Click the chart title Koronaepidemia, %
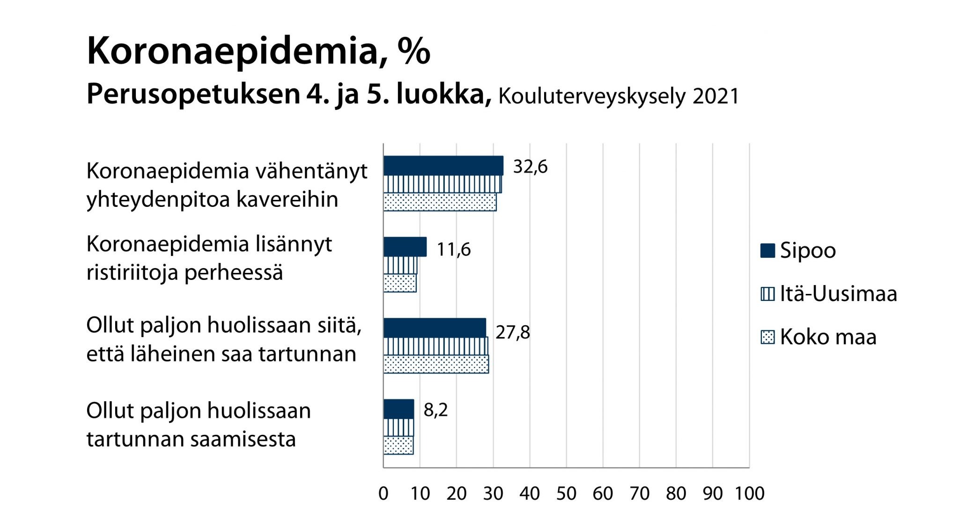pos(258,51)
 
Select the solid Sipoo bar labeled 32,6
pos(443,166)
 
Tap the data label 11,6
pos(453,249)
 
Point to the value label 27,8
pos(513,332)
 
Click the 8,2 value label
pos(435,410)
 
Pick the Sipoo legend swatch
pos(767,250)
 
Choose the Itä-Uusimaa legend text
pos(838,294)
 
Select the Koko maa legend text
pos(828,337)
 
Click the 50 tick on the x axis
pos(566,493)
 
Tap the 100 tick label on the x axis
pos(749,493)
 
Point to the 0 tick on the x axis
pos(384,493)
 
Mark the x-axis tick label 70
pos(640,493)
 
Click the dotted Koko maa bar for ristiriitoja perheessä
pos(399,283)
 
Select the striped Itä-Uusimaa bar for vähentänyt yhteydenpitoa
pos(442,184)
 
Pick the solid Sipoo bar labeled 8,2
pos(398,409)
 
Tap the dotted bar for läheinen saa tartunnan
pos(435,364)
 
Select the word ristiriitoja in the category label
pos(132,273)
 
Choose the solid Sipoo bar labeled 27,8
pos(435,328)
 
